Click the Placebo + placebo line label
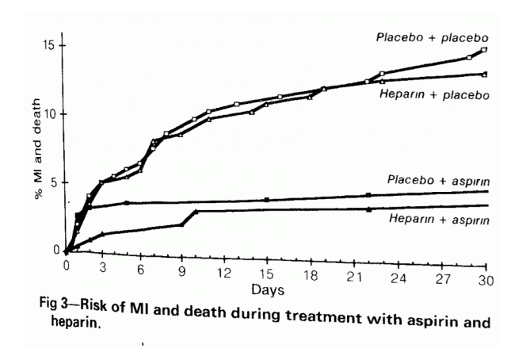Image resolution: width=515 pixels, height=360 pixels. [x=433, y=37]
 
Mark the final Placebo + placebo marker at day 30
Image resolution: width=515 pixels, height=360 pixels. [x=483, y=50]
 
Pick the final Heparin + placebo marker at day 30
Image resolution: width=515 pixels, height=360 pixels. [x=483, y=74]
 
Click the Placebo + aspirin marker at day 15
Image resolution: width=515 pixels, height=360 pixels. [x=267, y=200]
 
